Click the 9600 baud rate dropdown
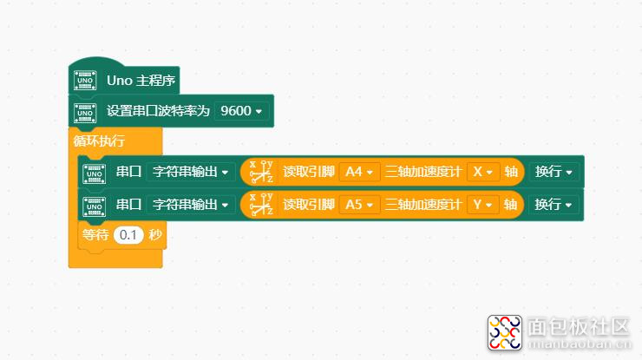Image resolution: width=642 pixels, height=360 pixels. pyautogui.click(x=241, y=111)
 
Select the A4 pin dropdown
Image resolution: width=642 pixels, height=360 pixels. pyautogui.click(x=359, y=172)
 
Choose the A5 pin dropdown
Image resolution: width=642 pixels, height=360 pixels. pyautogui.click(x=359, y=205)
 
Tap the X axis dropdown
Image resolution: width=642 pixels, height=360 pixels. pyautogui.click(x=482, y=172)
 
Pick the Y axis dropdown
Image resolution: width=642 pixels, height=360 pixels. pyautogui.click(x=482, y=205)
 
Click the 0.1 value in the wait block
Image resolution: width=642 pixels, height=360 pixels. pyautogui.click(x=128, y=235)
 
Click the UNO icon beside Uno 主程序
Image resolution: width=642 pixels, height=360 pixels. pyautogui.click(x=85, y=81)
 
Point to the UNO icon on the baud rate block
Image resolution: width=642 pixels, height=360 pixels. pyautogui.click(x=85, y=113)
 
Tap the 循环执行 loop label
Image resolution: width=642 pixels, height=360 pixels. pyautogui.click(x=99, y=141)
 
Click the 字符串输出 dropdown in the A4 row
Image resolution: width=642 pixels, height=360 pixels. pyautogui.click(x=191, y=172)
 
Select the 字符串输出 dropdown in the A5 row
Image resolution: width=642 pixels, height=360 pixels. pyautogui.click(x=191, y=205)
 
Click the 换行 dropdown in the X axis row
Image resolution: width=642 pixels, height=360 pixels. pyautogui.click(x=554, y=172)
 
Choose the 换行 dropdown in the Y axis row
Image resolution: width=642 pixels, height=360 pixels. pyautogui.click(x=554, y=205)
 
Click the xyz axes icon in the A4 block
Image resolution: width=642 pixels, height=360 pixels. pyautogui.click(x=261, y=172)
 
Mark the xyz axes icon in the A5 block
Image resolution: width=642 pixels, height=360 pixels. pyautogui.click(x=261, y=204)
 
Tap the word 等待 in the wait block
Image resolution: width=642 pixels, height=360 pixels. pyautogui.click(x=95, y=235)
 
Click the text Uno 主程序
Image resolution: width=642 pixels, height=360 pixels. pyautogui.click(x=141, y=81)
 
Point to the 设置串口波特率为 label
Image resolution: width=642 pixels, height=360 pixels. pyautogui.click(x=158, y=111)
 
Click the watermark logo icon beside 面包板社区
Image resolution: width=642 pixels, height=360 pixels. pyautogui.click(x=505, y=332)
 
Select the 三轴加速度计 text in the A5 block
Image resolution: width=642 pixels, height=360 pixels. pyautogui.click(x=423, y=205)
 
